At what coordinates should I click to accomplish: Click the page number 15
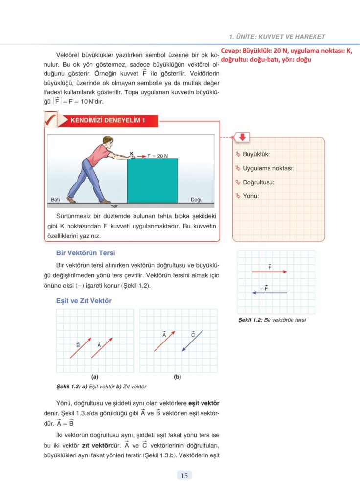(x=184, y=475)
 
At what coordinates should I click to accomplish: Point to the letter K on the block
(x=132, y=154)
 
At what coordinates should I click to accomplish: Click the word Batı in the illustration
(x=55, y=200)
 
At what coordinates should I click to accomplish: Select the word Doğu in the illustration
(x=197, y=200)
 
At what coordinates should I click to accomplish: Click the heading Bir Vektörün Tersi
(x=86, y=253)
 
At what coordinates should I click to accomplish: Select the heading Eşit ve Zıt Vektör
(x=84, y=301)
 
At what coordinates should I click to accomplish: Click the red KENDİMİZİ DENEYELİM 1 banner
(x=108, y=121)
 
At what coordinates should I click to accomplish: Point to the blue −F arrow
(x=270, y=293)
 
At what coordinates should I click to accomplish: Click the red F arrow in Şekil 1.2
(x=270, y=271)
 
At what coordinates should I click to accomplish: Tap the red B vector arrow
(x=80, y=347)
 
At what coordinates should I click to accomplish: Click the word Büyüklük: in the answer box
(x=256, y=154)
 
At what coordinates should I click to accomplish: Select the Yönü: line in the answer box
(x=250, y=196)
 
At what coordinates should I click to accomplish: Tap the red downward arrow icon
(x=242, y=137)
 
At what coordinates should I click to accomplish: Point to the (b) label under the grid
(x=177, y=377)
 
